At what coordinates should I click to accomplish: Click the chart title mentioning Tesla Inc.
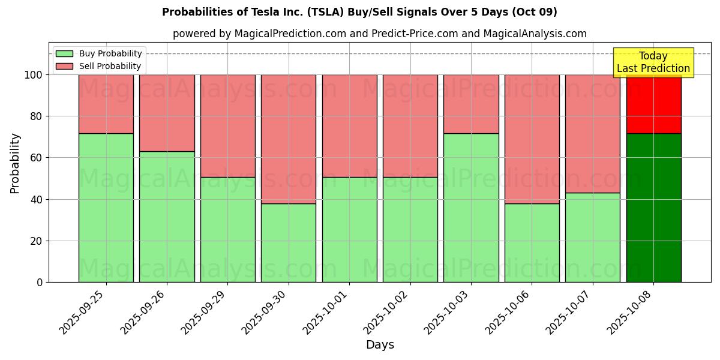coord(359,12)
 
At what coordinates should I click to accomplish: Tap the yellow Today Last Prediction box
coord(653,62)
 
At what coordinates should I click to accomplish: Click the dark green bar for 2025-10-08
coord(653,208)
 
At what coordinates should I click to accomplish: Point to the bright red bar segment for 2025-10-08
coord(653,104)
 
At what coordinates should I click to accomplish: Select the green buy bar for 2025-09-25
coord(106,208)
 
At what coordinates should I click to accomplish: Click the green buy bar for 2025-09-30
coord(289,242)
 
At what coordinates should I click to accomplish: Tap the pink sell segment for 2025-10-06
coord(532,139)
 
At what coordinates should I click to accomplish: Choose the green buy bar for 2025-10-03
coord(471,208)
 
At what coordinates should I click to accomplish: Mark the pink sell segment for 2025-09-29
coord(227,125)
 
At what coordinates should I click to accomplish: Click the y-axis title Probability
coord(15,163)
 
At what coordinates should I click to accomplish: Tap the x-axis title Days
coord(380,345)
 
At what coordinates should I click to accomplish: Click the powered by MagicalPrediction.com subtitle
coord(380,34)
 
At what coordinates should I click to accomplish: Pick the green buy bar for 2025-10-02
coord(410,229)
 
